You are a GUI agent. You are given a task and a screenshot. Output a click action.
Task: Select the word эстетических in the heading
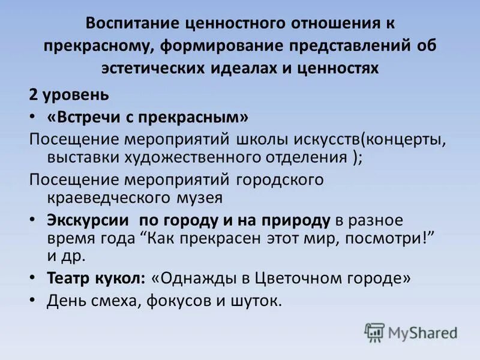(x=152, y=68)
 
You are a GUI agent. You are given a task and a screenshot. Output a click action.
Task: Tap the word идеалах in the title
(x=243, y=68)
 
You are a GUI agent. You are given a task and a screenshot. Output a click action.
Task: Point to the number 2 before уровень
(x=34, y=95)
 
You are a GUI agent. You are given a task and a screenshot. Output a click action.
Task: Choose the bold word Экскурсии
(x=88, y=220)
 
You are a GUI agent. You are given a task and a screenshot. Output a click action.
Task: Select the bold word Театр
(x=65, y=278)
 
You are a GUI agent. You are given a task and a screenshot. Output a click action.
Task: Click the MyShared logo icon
(x=374, y=332)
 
